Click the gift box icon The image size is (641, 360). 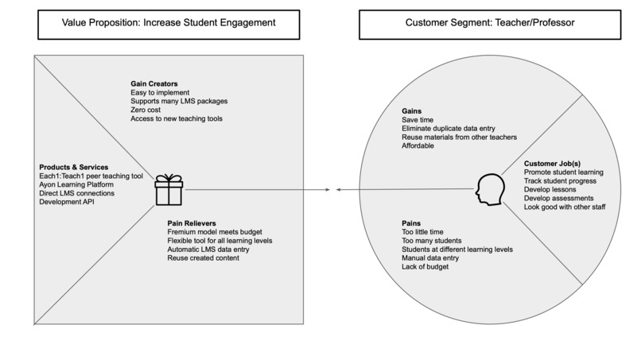(x=168, y=190)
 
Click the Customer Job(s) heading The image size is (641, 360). (x=553, y=163)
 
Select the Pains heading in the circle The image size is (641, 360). (x=413, y=223)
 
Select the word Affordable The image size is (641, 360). (x=418, y=145)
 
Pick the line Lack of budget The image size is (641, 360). (x=425, y=267)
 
